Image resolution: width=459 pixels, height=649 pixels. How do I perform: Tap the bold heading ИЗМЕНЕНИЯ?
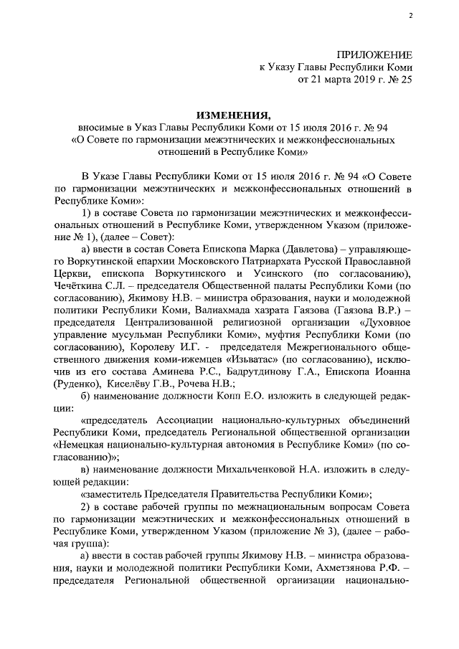tap(234, 115)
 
